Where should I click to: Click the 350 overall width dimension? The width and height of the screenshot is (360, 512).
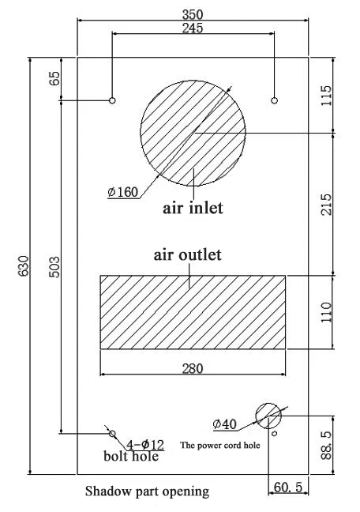(x=193, y=14)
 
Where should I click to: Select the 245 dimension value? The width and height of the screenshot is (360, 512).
(x=193, y=28)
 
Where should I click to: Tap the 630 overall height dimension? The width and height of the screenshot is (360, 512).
(x=24, y=265)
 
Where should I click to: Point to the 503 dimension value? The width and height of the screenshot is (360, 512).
(x=54, y=267)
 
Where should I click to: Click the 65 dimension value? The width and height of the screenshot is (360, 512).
(x=54, y=78)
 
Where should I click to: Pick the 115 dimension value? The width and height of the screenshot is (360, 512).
(x=326, y=96)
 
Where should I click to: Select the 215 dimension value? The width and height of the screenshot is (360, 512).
(x=326, y=205)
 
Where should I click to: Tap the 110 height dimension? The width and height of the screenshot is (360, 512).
(x=326, y=312)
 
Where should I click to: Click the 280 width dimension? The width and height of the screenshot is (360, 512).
(x=193, y=369)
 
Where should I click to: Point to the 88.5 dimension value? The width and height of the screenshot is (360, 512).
(x=326, y=446)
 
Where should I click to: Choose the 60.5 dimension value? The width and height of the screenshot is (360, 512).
(x=288, y=488)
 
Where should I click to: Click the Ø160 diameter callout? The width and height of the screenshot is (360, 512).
(x=123, y=192)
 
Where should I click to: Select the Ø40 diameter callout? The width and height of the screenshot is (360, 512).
(x=224, y=424)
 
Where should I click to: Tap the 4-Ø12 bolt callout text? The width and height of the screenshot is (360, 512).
(x=145, y=444)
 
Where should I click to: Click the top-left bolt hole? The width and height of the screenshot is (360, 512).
(x=112, y=100)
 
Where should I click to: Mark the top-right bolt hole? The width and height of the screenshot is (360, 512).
(x=274, y=100)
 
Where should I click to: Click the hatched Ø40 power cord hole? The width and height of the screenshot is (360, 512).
(x=268, y=416)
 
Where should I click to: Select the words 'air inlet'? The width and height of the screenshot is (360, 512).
(x=193, y=208)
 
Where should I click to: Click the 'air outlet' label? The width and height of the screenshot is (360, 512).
(x=188, y=254)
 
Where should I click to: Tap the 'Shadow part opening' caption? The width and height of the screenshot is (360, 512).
(x=148, y=491)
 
